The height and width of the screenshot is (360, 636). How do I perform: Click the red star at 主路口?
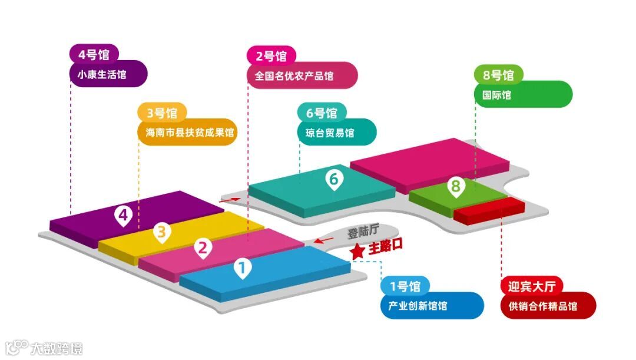357,251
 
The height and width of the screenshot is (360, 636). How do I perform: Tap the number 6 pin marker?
333,179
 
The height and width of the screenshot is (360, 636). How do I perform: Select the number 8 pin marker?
455,187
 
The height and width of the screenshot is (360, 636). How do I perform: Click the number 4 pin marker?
123,216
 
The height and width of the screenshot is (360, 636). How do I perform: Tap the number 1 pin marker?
241,268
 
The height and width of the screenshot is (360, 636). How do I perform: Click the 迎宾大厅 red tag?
532,287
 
